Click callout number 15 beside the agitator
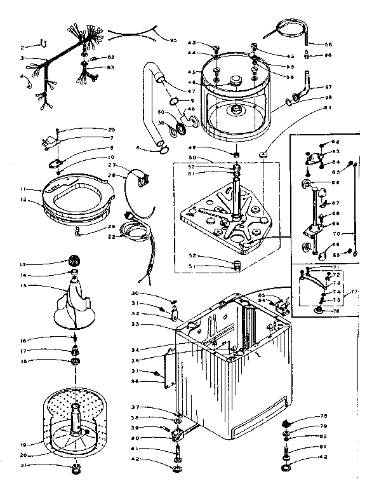coord(23,286)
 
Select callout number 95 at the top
coord(173,40)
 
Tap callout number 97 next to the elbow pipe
coord(328,86)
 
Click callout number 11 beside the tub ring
coord(23,189)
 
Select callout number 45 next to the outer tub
coord(192,71)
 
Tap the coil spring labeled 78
coord(286,424)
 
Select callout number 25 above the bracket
coord(112,130)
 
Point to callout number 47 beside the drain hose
coord(190,91)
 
